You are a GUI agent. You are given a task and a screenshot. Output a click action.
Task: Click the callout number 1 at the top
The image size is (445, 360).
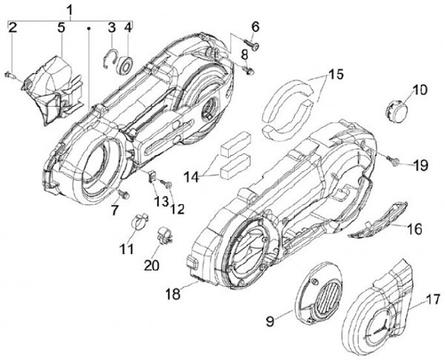(x=70, y=9)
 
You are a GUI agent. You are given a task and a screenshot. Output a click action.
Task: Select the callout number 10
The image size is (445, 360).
(x=420, y=90)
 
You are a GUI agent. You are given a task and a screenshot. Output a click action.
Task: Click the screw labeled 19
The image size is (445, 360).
(x=393, y=162)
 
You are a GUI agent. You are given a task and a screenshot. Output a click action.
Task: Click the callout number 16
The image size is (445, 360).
(x=414, y=229)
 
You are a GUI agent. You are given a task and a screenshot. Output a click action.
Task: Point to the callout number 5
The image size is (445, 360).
(x=61, y=27)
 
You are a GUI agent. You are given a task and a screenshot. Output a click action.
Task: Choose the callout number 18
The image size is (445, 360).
(x=174, y=293)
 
